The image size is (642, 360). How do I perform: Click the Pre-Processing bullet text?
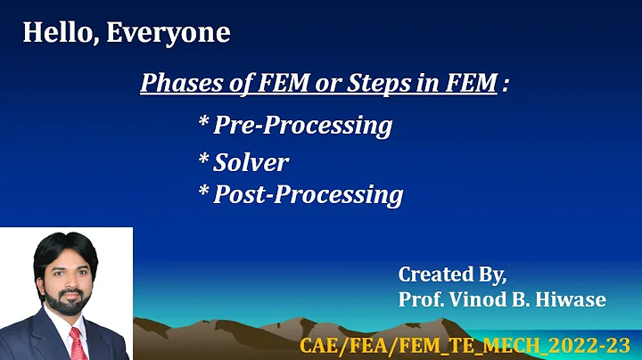point(302,126)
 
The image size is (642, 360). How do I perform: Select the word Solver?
point(251,162)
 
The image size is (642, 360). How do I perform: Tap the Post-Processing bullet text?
point(308,194)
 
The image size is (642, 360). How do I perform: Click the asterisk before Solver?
point(203,160)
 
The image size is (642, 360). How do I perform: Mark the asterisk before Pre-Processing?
point(203,123)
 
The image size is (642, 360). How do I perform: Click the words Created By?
point(452,274)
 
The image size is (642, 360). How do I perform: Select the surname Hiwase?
point(573,299)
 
